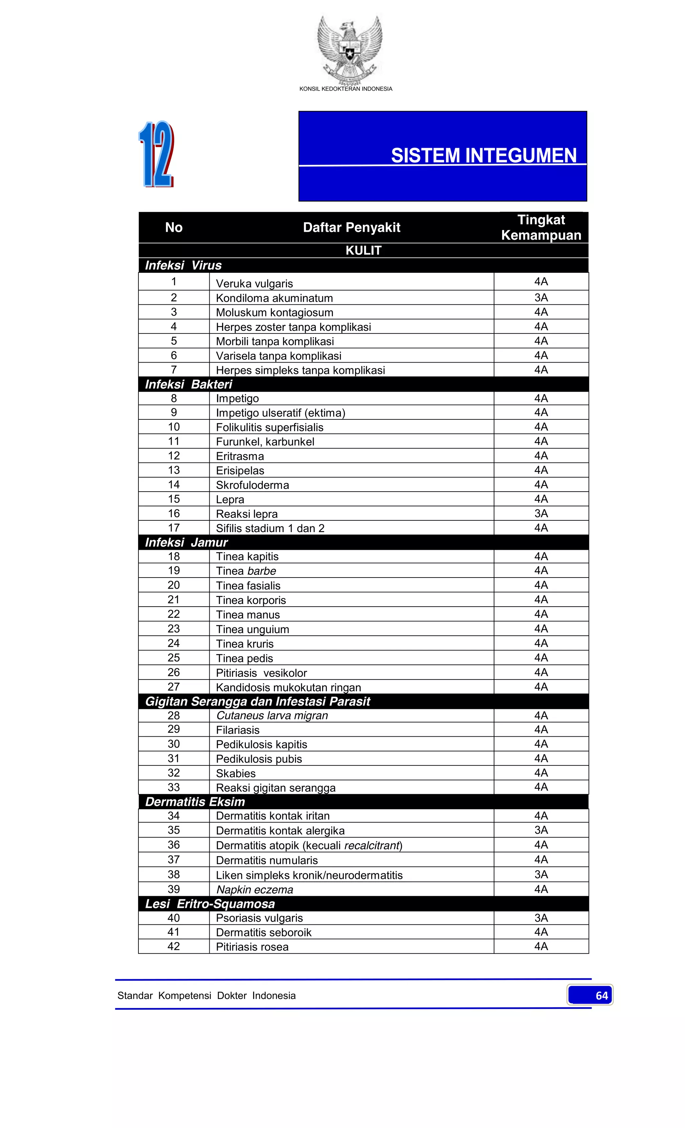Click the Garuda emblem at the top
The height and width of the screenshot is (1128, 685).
(x=350, y=50)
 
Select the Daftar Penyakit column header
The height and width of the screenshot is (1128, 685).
(x=351, y=227)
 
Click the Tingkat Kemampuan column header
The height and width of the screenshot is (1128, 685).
(x=541, y=227)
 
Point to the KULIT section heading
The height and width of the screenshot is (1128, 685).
(x=363, y=250)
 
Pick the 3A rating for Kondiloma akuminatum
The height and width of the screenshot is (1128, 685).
(x=541, y=298)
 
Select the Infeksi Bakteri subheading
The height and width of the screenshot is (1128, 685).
(x=188, y=384)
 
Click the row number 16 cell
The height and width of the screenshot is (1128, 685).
(x=174, y=513)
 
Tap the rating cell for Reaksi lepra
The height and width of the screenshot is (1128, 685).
(x=541, y=513)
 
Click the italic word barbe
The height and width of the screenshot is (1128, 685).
(x=262, y=571)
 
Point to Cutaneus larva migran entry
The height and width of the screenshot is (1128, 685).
(x=272, y=716)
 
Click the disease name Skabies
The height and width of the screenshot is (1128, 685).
(x=236, y=773)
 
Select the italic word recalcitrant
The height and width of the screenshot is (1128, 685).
(x=372, y=845)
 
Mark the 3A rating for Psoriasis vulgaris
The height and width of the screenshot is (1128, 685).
(x=541, y=918)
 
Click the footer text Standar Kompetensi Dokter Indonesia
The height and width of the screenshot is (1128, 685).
(x=206, y=996)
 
